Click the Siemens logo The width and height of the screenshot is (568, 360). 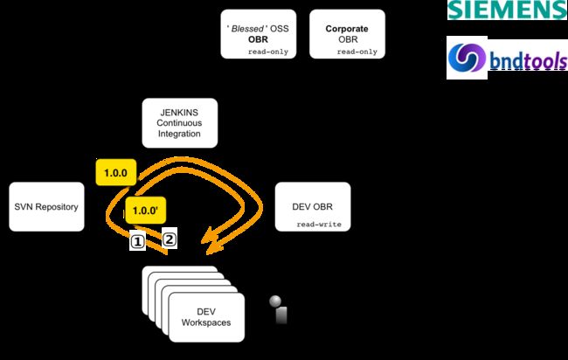[x=506, y=11]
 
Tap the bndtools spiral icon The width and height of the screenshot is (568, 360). [x=468, y=59]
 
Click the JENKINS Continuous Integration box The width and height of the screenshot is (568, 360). [x=180, y=122]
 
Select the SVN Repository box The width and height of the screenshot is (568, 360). [x=46, y=207]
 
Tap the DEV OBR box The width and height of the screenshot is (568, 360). [x=312, y=207]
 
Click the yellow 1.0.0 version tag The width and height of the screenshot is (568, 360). [x=115, y=173]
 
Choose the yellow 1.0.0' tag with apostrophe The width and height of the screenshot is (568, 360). [x=146, y=211]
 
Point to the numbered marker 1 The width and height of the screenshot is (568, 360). [x=137, y=240]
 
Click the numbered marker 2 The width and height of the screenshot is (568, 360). [x=170, y=239]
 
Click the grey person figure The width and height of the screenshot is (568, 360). [x=278, y=308]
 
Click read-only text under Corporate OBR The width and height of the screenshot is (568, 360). [x=357, y=52]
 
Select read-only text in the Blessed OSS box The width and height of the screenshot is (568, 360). [x=268, y=52]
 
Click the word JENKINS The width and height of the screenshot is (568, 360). [x=179, y=111]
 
